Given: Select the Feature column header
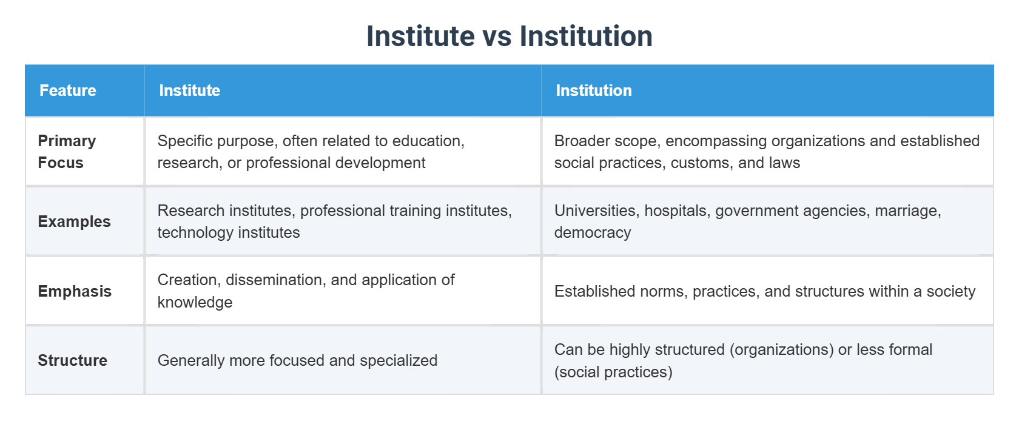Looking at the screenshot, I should coord(68,90).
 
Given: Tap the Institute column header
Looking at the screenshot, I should coord(189,90).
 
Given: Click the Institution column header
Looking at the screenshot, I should coord(593,90).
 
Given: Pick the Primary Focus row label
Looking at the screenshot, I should coord(67,152).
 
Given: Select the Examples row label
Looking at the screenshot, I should coord(74,221).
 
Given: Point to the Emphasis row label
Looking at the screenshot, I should coord(75,291).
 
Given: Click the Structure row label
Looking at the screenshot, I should coord(72,360).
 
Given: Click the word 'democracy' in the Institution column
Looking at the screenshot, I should coord(592,233).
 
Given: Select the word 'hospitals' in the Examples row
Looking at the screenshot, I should coord(677,211).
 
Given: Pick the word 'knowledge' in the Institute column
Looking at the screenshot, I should coord(195,303).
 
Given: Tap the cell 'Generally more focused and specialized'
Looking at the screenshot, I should coord(297,360).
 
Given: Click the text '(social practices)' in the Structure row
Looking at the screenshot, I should coord(613,372).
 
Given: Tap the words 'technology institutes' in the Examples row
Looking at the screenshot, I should coord(228,233).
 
